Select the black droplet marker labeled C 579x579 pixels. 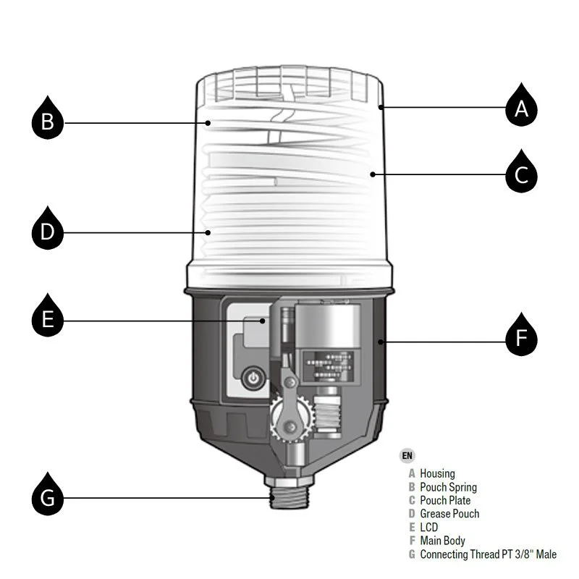(x=521, y=174)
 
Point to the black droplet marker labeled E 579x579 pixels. (x=48, y=318)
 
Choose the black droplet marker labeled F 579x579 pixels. (x=521, y=338)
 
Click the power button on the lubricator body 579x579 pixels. (x=253, y=378)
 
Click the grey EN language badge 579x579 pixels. (x=407, y=455)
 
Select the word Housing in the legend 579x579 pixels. (x=437, y=474)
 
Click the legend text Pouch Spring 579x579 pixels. (x=448, y=487)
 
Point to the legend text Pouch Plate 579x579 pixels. (x=445, y=500)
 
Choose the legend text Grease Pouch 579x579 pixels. (x=449, y=514)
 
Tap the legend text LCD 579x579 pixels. (x=429, y=527)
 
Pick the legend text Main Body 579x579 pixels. (x=442, y=541)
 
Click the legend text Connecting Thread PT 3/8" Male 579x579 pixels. (x=488, y=554)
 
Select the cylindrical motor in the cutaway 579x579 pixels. (x=330, y=326)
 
